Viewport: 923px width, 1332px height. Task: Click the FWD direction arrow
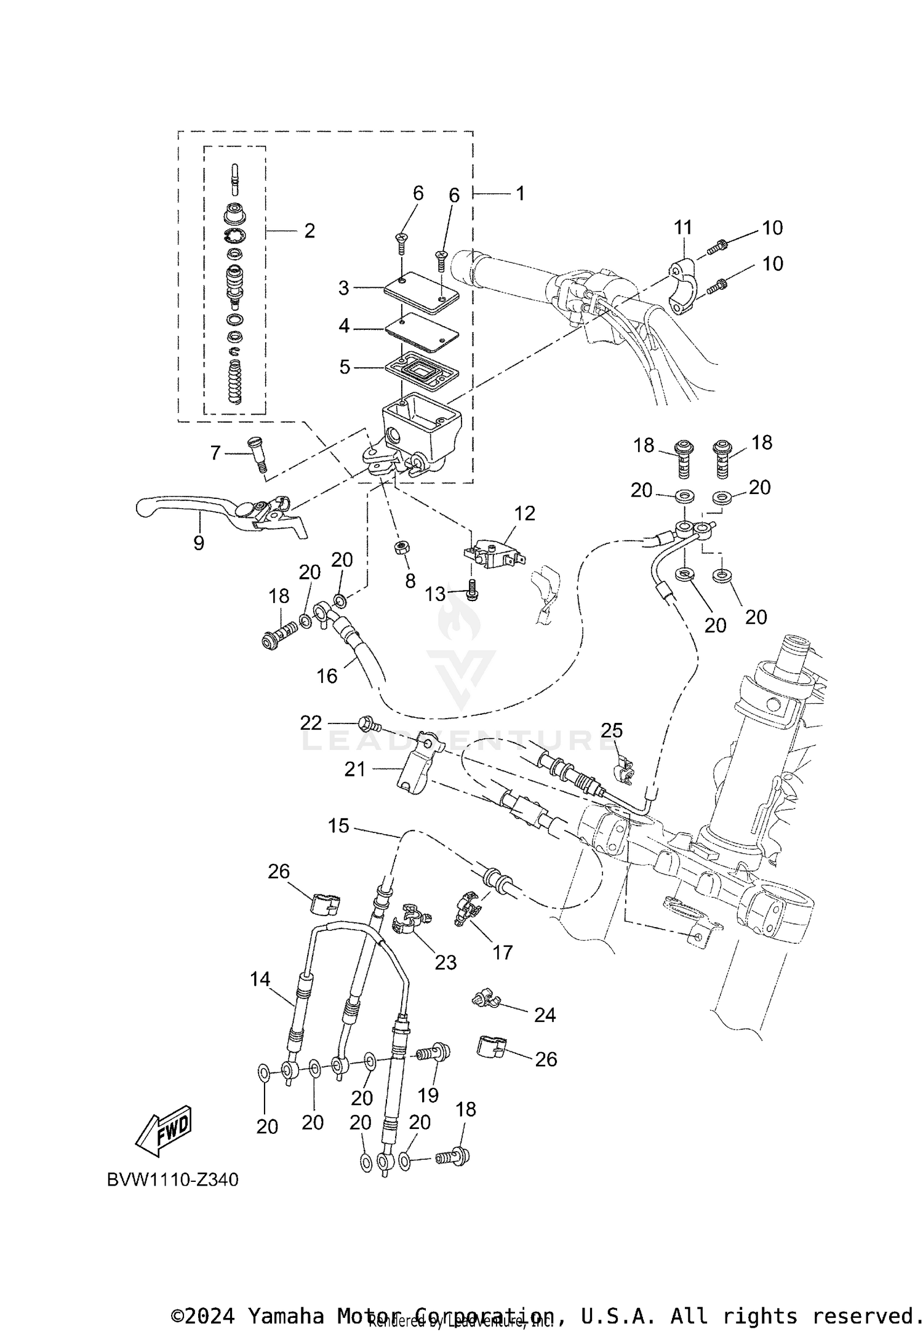tap(164, 1132)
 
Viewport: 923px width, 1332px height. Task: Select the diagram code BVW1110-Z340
tap(172, 1180)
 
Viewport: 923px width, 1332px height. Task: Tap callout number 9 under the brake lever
tap(198, 543)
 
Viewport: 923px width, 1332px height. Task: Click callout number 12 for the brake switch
tap(524, 513)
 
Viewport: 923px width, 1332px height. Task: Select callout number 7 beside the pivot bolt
tap(215, 453)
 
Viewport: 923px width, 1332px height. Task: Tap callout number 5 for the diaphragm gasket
tap(345, 367)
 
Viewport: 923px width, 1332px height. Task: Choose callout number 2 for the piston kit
tap(310, 231)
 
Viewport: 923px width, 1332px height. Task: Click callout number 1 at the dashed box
tap(520, 194)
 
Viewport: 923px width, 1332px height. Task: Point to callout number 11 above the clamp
tap(683, 228)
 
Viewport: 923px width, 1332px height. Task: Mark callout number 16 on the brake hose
tap(327, 676)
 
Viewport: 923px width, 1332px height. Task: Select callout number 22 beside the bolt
tap(311, 723)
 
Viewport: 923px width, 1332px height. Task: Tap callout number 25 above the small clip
tap(612, 730)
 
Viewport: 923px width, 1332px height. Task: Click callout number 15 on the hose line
tap(338, 826)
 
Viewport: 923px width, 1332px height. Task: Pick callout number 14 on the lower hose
tap(260, 979)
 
